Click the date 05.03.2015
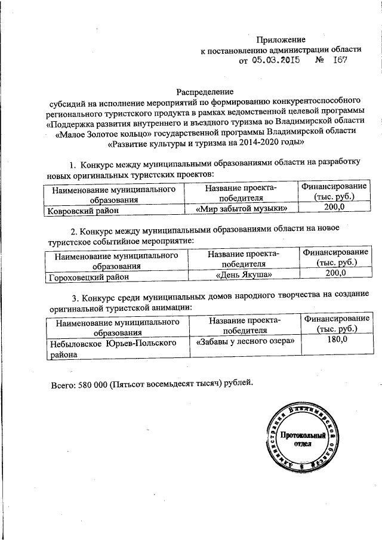point(275,60)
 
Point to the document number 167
point(340,60)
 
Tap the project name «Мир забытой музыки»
point(245,208)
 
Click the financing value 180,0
point(337,340)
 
